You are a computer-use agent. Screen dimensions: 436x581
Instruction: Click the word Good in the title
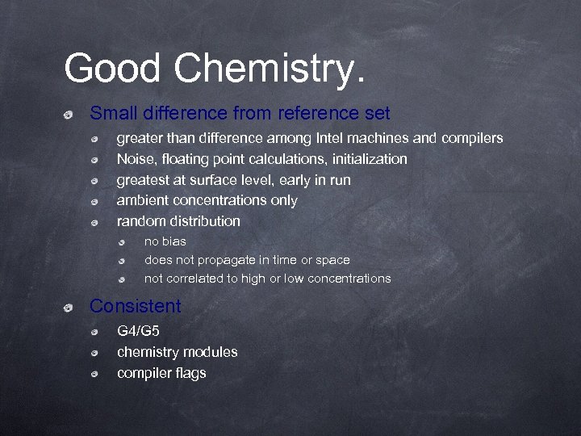coord(113,68)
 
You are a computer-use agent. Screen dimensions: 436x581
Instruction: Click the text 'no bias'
coord(165,241)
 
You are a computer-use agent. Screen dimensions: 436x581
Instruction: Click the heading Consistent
coord(135,307)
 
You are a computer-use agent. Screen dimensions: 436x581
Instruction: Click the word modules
coord(211,352)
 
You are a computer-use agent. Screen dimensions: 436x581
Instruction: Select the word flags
coord(190,373)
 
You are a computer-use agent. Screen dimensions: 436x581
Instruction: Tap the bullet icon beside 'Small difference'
coord(70,115)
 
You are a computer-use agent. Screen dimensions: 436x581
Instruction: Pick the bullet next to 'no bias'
coord(122,242)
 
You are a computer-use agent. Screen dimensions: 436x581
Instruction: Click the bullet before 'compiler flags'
coord(95,374)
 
